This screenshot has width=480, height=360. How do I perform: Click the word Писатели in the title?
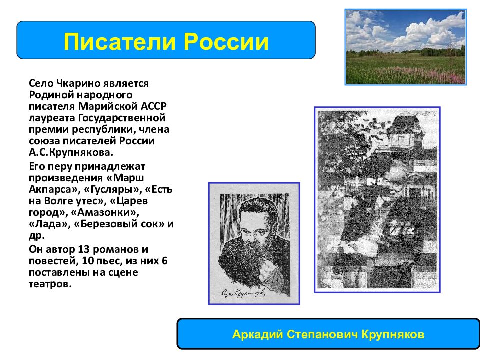pyautogui.click(x=119, y=42)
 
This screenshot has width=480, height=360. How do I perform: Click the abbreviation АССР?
pyautogui.click(x=154, y=106)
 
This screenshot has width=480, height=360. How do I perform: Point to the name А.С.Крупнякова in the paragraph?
pyautogui.click(x=71, y=152)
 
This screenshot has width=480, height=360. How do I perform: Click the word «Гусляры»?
pyautogui.click(x=112, y=190)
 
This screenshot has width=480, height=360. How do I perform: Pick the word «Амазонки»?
pyautogui.click(x=105, y=212)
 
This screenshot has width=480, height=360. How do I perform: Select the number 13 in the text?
pyautogui.click(x=84, y=249)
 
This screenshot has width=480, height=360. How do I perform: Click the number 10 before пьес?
pyautogui.click(x=87, y=261)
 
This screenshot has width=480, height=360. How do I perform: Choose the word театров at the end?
pyautogui.click(x=50, y=284)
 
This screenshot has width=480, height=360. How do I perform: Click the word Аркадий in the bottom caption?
pyautogui.click(x=258, y=334)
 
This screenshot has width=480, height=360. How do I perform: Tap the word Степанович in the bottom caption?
pyautogui.click(x=322, y=334)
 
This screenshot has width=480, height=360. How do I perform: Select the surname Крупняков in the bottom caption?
pyautogui.click(x=393, y=334)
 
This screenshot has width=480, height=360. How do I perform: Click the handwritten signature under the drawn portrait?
pyautogui.click(x=243, y=293)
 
